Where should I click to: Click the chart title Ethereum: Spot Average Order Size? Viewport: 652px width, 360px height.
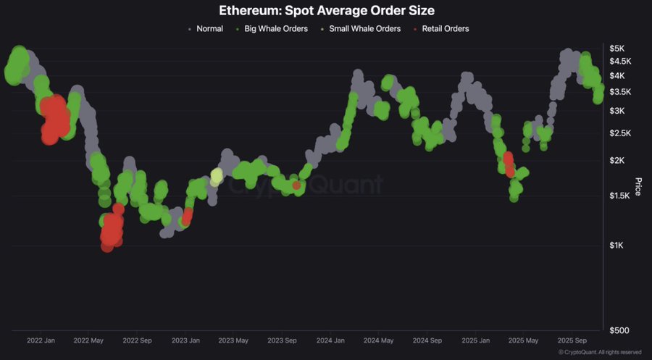point(326,11)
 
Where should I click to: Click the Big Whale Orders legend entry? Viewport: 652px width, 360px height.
point(276,29)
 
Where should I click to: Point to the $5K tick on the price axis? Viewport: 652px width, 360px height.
point(617,49)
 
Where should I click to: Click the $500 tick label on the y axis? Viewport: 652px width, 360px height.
point(619,330)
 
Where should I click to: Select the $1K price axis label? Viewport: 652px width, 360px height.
point(617,246)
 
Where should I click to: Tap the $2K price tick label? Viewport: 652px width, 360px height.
point(617,160)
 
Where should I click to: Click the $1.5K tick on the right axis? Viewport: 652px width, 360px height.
point(619,196)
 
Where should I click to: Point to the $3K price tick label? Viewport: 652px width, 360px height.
point(617,110)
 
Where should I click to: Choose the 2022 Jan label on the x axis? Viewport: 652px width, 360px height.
point(41,340)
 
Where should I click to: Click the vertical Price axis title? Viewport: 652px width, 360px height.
point(638,186)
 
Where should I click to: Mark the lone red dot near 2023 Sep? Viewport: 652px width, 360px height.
point(296,186)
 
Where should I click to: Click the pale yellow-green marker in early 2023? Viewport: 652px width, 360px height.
point(216,176)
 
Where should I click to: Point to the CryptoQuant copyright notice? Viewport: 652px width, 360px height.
point(600,352)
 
